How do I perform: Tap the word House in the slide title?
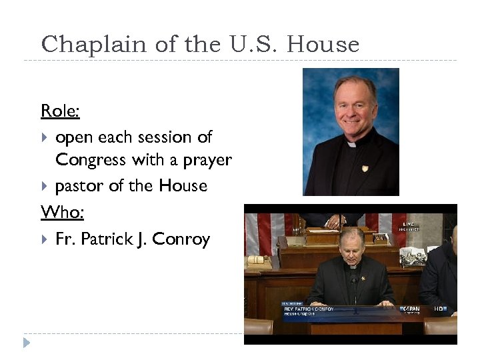(x=325, y=45)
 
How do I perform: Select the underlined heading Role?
(x=60, y=111)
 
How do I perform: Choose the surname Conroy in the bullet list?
(x=181, y=239)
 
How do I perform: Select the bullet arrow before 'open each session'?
(x=45, y=138)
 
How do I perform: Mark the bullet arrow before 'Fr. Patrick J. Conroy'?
(x=45, y=239)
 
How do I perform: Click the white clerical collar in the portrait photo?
(x=351, y=143)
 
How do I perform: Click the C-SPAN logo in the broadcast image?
(x=411, y=309)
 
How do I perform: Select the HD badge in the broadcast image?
(x=440, y=309)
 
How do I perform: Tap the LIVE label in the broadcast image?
(x=408, y=225)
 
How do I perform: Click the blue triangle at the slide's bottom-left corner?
(x=27, y=343)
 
